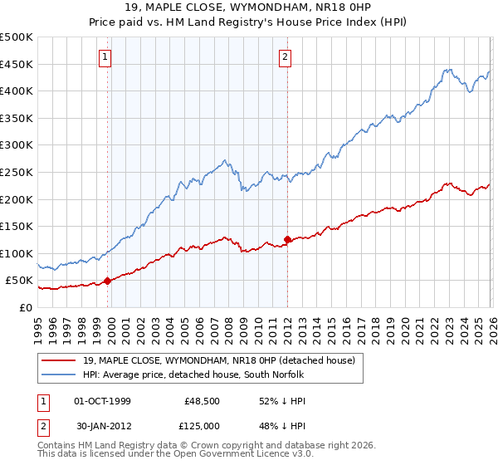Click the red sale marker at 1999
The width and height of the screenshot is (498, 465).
click(108, 281)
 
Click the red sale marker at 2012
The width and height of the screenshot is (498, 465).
click(287, 240)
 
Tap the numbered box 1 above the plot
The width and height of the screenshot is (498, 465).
click(106, 57)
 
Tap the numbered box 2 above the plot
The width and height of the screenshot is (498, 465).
click(286, 57)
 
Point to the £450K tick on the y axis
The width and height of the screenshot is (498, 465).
click(17, 65)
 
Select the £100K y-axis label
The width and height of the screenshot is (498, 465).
click(17, 253)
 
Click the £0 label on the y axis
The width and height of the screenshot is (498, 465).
click(27, 307)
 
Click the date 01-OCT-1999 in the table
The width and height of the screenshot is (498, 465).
click(102, 400)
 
